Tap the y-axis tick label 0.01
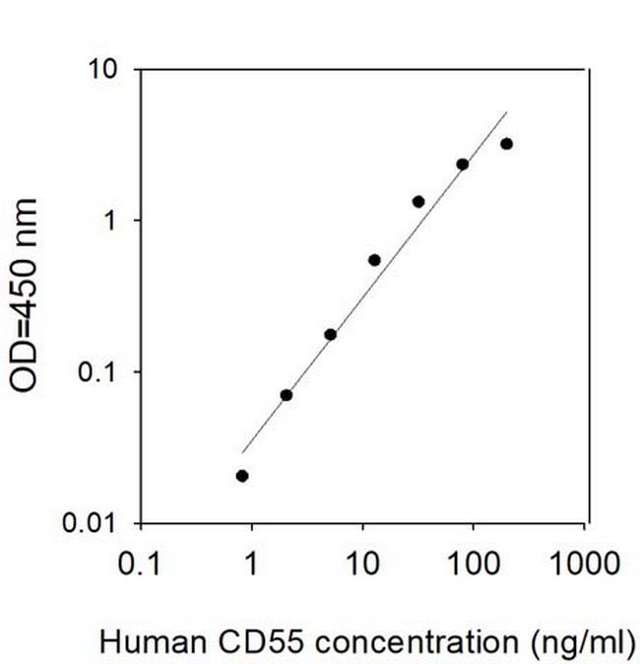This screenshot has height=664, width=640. point(94,523)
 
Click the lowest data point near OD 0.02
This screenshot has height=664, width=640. point(242,476)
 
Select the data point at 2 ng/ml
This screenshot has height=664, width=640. point(287,395)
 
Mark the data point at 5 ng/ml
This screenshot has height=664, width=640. point(331,335)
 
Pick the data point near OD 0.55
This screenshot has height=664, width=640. point(374,260)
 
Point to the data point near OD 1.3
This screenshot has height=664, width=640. point(418,202)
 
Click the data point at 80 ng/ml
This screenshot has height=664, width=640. point(463,165)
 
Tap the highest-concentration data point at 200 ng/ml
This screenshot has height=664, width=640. point(507,144)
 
